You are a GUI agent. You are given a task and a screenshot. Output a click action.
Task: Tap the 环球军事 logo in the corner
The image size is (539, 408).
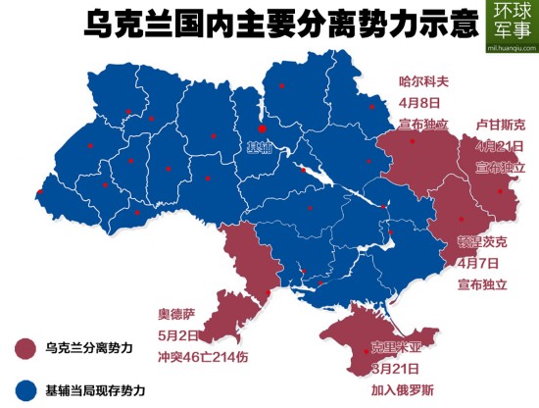pyautogui.click(x=511, y=23)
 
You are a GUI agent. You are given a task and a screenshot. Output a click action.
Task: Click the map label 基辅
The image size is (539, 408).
pyautogui.click(x=257, y=147)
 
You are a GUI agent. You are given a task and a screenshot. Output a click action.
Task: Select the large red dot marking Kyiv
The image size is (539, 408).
pyautogui.click(x=262, y=127)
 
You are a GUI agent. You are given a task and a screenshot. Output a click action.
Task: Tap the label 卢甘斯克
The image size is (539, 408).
pyautogui.click(x=500, y=125)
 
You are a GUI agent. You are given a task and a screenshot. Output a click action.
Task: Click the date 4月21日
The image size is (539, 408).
pyautogui.click(x=500, y=146)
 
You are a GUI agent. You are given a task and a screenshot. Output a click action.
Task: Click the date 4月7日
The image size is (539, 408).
pyautogui.click(x=480, y=263)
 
